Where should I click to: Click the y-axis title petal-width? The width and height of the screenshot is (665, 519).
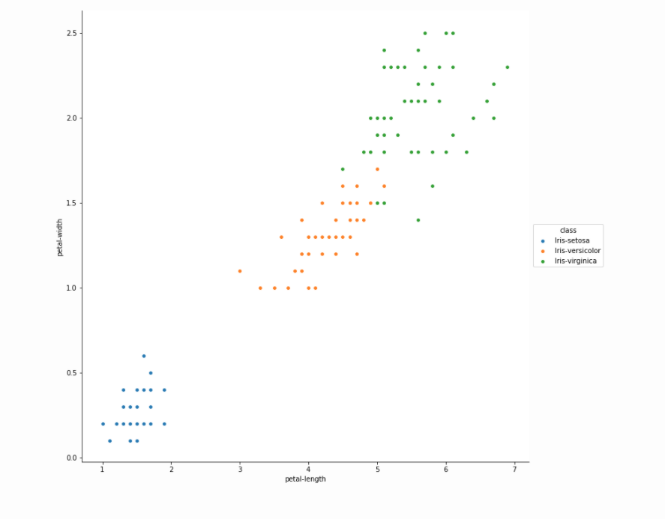click(x=60, y=237)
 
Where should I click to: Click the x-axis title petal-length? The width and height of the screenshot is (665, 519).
click(x=305, y=479)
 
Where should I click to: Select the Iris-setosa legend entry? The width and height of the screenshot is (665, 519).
click(x=571, y=240)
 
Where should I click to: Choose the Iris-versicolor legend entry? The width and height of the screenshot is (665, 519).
click(x=577, y=251)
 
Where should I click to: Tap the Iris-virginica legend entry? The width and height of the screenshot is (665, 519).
click(x=576, y=261)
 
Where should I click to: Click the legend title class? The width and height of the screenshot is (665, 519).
click(x=568, y=230)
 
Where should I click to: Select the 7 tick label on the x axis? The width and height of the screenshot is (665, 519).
click(x=515, y=470)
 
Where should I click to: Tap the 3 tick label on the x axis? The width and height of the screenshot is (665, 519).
click(x=240, y=470)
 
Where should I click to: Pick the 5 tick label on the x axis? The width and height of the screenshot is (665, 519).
click(x=377, y=470)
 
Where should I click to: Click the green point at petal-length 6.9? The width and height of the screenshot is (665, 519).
click(x=508, y=67)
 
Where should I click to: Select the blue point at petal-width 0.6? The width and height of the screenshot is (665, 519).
click(x=144, y=356)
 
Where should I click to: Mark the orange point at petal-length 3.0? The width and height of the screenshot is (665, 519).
click(x=240, y=271)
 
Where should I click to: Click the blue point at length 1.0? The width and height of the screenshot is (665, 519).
click(x=103, y=424)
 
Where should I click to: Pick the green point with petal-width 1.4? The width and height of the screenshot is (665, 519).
click(x=418, y=220)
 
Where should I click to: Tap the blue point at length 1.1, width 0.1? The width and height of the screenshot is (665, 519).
click(x=109, y=441)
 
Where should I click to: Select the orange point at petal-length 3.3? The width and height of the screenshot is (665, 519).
click(x=260, y=288)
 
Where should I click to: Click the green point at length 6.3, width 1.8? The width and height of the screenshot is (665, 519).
click(x=466, y=152)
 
